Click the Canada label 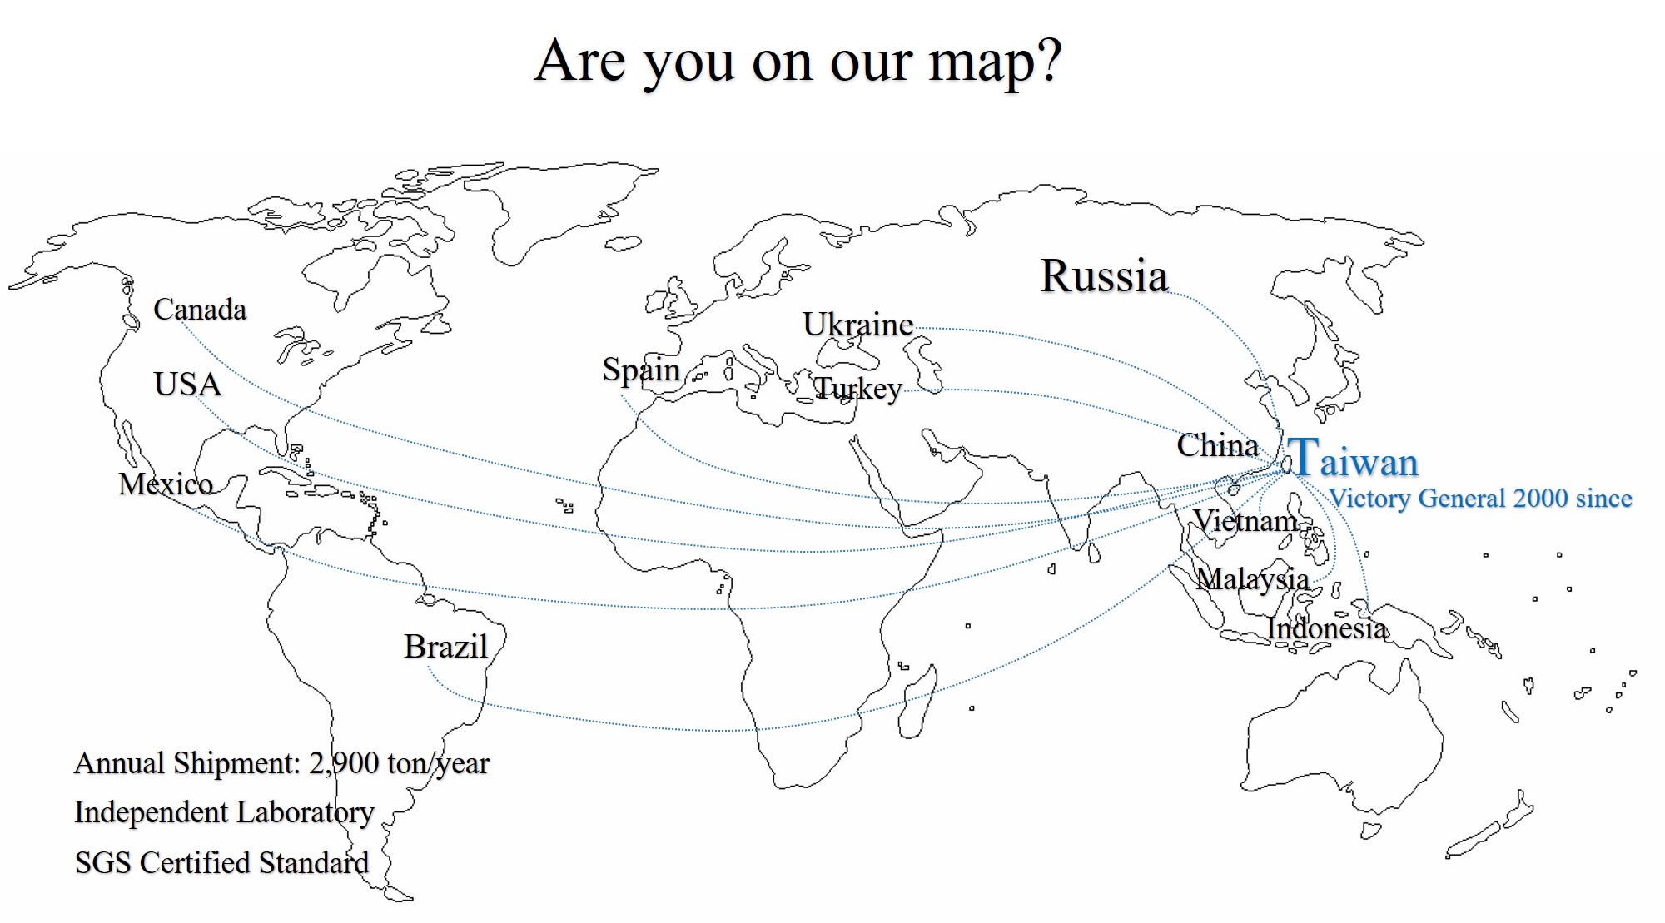point(200,310)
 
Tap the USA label point(188,385)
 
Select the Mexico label point(166,484)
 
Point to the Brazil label point(445,647)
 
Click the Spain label point(641,370)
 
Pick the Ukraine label point(857,325)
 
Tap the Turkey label point(857,389)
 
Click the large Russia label point(1104,276)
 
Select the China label point(1217,446)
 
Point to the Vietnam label point(1245,521)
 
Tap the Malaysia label point(1252,579)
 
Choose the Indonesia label point(1327,628)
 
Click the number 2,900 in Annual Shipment point(344,763)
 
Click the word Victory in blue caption point(1369,499)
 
